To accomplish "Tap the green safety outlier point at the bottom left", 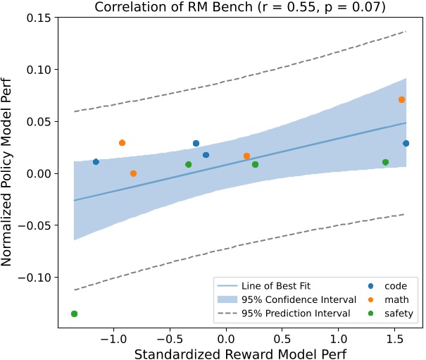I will [x=74, y=314].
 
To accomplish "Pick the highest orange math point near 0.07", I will [x=401, y=100].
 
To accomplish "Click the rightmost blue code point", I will [x=406, y=144].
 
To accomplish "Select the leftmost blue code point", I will [x=96, y=162].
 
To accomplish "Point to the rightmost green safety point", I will [x=385, y=162].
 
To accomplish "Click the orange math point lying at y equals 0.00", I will [x=133, y=173].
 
